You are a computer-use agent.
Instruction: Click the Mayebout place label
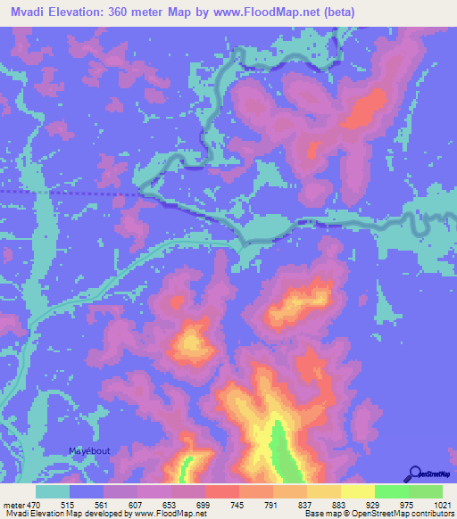90,451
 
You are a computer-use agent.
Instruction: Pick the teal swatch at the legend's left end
53,491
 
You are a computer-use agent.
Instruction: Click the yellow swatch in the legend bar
357,491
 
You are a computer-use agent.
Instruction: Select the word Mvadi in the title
26,12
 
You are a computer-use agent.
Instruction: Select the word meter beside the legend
14,506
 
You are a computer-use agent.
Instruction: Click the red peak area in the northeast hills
360,114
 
